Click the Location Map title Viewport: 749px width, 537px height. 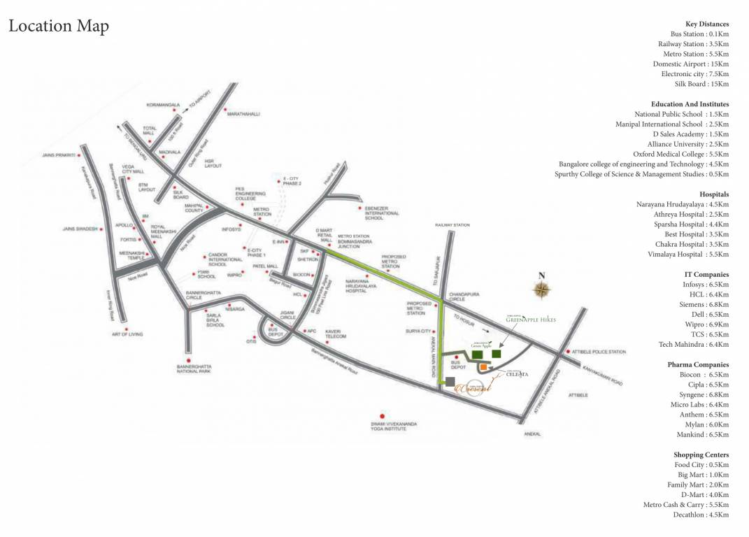click(x=59, y=27)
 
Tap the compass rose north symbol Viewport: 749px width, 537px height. click(x=541, y=287)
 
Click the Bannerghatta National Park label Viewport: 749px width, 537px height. click(x=194, y=368)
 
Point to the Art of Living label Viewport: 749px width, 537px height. click(x=127, y=334)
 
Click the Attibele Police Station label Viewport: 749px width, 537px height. click(x=599, y=352)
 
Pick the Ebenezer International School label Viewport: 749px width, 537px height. click(x=382, y=213)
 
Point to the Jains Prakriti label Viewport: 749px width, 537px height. click(x=58, y=155)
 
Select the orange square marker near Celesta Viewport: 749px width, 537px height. click(x=483, y=367)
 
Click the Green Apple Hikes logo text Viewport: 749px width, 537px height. click(x=531, y=319)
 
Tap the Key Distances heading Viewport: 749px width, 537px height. click(x=707, y=24)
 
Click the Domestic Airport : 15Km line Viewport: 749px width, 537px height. click(x=691, y=64)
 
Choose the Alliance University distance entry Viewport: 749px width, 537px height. click(x=688, y=144)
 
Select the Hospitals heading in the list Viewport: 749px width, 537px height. click(x=714, y=194)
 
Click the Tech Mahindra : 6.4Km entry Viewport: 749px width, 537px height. click(x=694, y=344)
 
